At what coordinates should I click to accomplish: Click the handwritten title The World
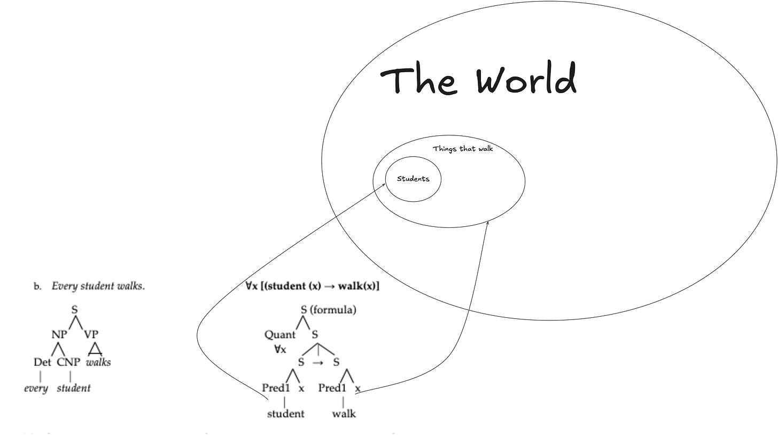(479, 79)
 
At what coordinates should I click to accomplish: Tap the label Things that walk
(463, 148)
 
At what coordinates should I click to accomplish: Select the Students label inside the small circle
(413, 179)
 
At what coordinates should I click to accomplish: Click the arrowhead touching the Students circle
(383, 185)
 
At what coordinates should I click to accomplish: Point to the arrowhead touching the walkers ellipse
(487, 223)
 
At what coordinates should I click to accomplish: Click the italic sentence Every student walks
(98, 286)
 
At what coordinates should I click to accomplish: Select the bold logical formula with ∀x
(312, 286)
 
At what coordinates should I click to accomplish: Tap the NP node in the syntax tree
(59, 334)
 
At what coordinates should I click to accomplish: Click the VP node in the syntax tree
(91, 334)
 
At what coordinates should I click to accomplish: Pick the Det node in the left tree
(42, 362)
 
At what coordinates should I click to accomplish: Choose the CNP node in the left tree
(68, 362)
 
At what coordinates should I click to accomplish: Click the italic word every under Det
(36, 388)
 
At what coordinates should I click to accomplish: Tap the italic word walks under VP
(98, 362)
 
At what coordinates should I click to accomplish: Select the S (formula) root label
(328, 310)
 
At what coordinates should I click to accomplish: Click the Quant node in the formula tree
(279, 335)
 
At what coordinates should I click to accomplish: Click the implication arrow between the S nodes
(318, 362)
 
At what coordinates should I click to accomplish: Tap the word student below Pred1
(285, 414)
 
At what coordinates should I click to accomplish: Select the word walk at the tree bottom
(344, 414)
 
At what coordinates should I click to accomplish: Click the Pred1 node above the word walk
(332, 388)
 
